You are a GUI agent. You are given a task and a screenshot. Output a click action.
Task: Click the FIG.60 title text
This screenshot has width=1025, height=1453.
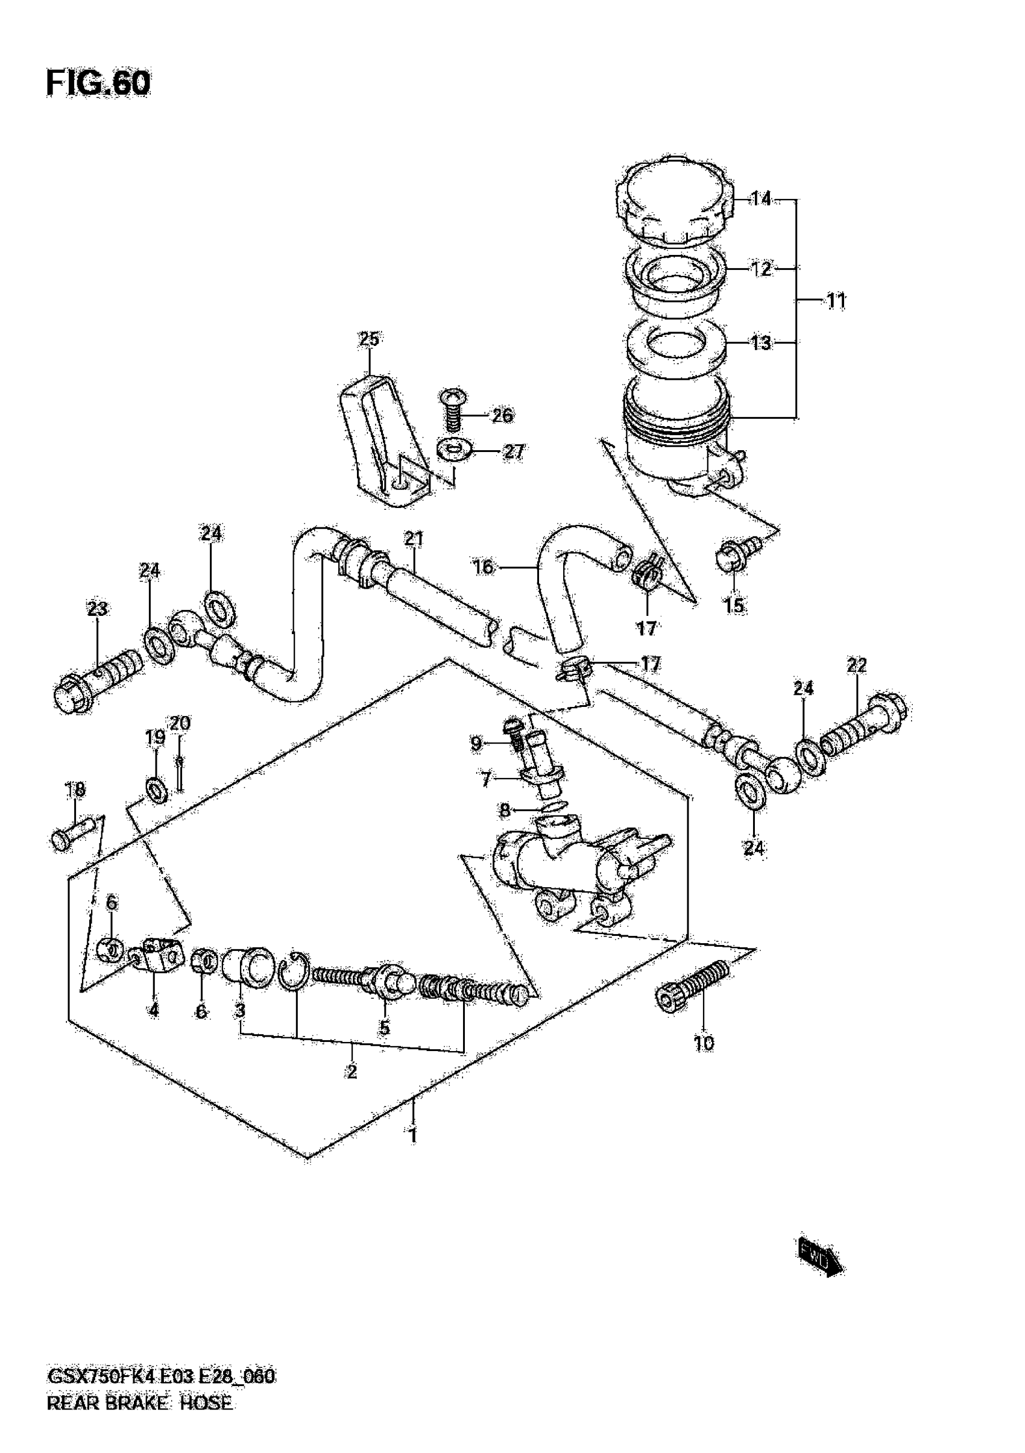pos(98,84)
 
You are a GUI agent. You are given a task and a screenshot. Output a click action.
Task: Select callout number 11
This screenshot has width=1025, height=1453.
pos(836,301)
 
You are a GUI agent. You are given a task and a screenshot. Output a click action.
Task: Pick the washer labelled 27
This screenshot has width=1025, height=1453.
pos(453,450)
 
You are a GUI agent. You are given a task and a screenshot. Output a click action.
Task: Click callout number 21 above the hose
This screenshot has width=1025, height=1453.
pos(414,539)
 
